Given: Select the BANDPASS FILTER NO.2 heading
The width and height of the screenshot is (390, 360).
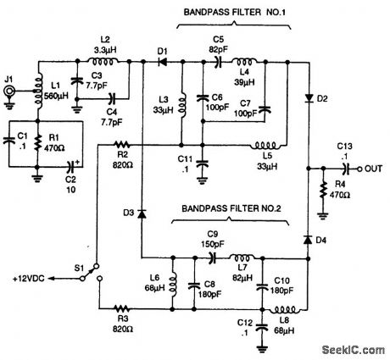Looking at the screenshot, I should pyautogui.click(x=229, y=207).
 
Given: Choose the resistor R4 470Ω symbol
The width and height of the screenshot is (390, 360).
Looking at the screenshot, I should pyautogui.click(x=323, y=196).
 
